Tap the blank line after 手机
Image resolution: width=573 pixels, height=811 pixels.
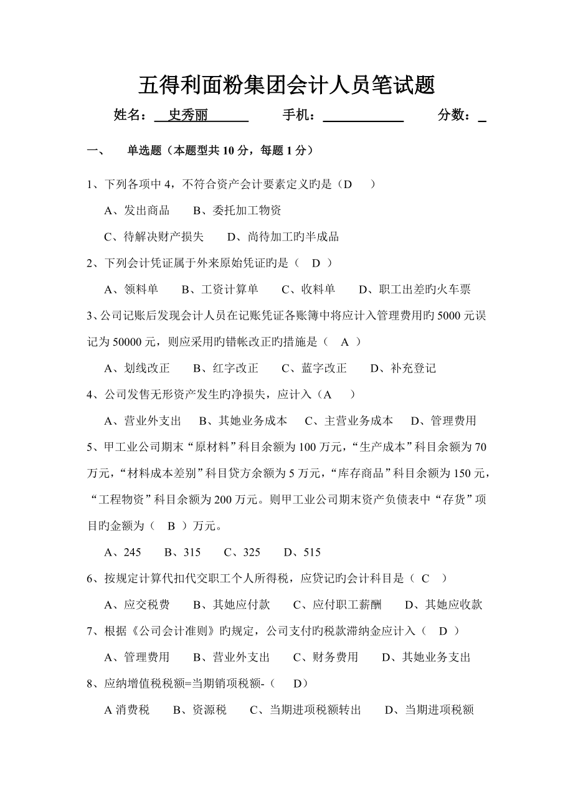pos(363,116)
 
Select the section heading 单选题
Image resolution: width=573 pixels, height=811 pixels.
pos(144,150)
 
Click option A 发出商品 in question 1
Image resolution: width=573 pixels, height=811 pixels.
pos(137,211)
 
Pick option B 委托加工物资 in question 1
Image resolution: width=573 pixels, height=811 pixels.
pos(237,211)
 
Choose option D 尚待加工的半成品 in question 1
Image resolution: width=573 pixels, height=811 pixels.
pos(283,237)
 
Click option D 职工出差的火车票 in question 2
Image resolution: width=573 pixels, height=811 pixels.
pos(415,289)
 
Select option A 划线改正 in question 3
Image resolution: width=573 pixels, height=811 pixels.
pos(137,368)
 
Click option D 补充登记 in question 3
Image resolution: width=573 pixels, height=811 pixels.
pos(403,368)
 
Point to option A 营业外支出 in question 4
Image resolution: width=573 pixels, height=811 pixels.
pos(143,420)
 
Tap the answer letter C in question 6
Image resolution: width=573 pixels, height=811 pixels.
pos(425,578)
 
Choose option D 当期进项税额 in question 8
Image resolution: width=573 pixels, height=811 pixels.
pos(430,709)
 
